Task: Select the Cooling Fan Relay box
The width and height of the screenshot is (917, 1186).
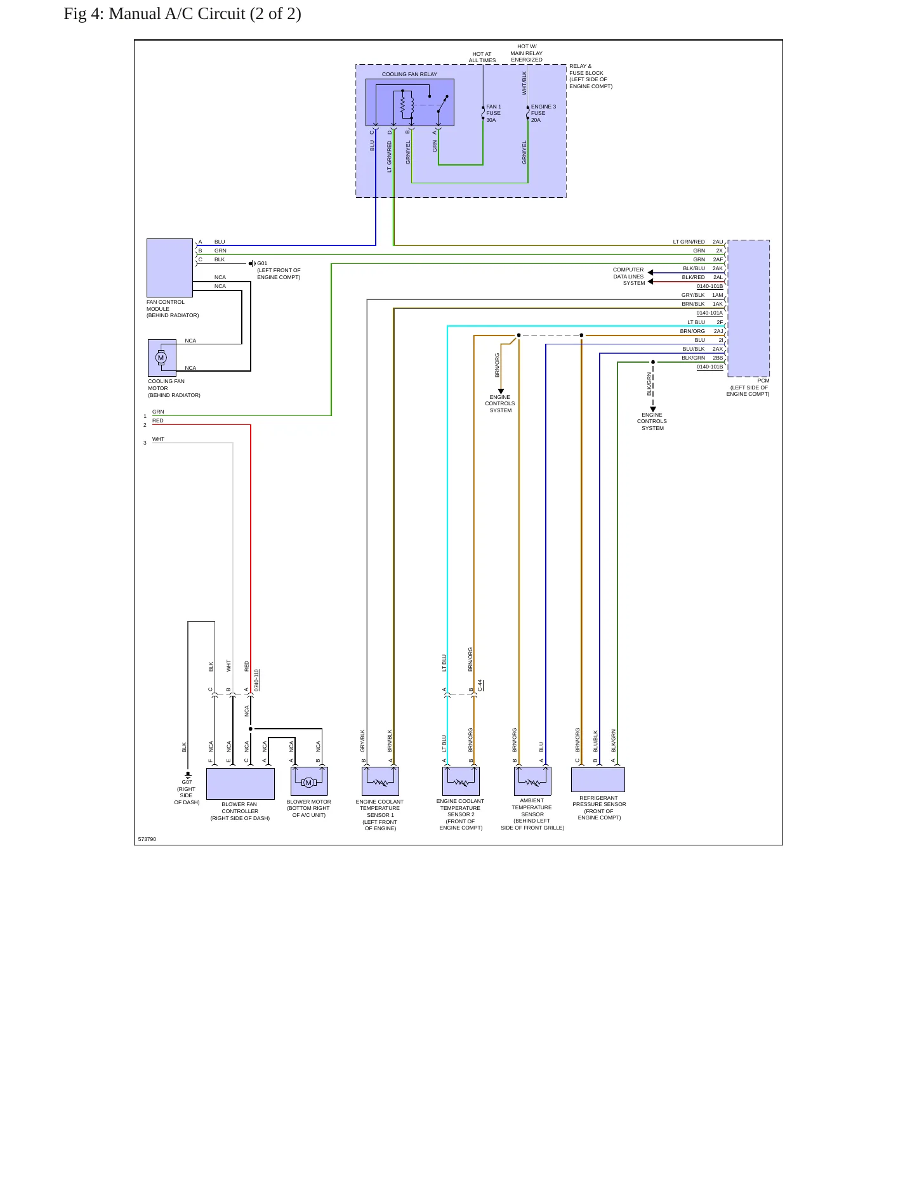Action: (410, 102)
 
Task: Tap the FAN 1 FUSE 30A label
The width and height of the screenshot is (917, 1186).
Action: (494, 114)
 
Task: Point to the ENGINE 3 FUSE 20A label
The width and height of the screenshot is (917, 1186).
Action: (543, 114)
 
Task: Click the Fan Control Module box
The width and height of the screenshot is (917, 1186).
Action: (169, 268)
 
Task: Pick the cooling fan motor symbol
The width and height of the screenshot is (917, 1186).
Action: (162, 358)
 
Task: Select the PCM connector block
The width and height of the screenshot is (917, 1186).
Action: (749, 308)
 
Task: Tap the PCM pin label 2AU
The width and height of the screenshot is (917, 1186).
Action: (718, 242)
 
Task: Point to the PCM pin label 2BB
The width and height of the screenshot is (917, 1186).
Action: (718, 358)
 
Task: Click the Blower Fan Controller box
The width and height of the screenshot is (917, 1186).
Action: (241, 784)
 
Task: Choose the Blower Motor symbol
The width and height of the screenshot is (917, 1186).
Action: (309, 781)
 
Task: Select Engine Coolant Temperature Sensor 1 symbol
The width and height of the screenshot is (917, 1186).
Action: (380, 781)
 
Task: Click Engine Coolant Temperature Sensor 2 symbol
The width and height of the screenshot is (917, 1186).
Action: (461, 781)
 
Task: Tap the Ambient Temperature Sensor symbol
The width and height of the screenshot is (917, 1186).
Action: (532, 781)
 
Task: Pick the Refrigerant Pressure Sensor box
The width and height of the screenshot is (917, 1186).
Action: (598, 779)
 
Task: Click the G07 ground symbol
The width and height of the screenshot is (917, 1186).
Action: (188, 774)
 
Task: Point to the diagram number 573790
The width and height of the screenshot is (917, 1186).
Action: (147, 839)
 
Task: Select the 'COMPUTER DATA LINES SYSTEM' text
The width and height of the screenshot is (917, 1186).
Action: (629, 277)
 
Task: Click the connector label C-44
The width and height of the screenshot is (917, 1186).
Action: (480, 685)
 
